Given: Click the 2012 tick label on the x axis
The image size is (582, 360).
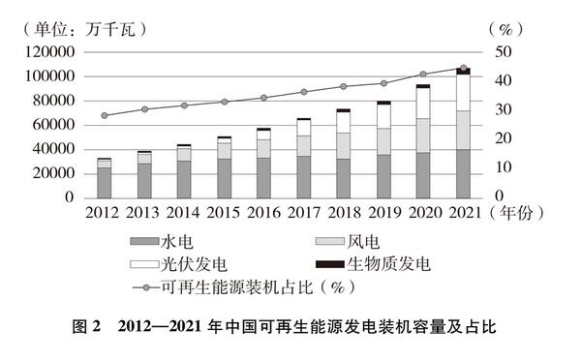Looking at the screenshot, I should click(x=104, y=211).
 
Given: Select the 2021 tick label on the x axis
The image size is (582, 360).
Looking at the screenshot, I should click(x=462, y=211).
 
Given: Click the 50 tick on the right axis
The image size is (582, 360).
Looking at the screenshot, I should click(x=504, y=52).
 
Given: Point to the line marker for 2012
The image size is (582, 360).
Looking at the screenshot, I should click(x=104, y=115).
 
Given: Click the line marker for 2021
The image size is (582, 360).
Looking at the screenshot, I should click(x=462, y=68).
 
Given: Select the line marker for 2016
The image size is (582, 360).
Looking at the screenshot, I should click(x=263, y=98).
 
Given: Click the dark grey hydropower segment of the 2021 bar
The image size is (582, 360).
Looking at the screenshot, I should click(x=462, y=173).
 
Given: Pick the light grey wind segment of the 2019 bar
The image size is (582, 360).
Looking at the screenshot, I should click(x=383, y=141).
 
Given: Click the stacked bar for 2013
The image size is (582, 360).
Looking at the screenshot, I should click(x=143, y=175).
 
